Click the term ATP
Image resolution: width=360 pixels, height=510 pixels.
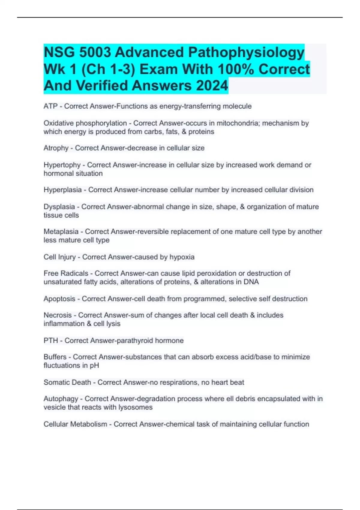[x=50, y=106]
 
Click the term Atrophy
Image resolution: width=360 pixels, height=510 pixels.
[x=56, y=148]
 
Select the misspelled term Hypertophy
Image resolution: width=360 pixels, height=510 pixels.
[x=62, y=165]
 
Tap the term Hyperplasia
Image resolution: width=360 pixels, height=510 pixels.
[x=62, y=190]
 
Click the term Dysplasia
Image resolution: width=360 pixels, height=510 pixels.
[x=59, y=207]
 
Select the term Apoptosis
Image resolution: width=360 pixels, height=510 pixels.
[x=59, y=299]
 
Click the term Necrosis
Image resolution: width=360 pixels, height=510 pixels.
[x=58, y=315]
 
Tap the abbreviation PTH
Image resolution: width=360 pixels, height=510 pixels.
[x=50, y=341]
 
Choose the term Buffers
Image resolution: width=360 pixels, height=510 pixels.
[x=55, y=357]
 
